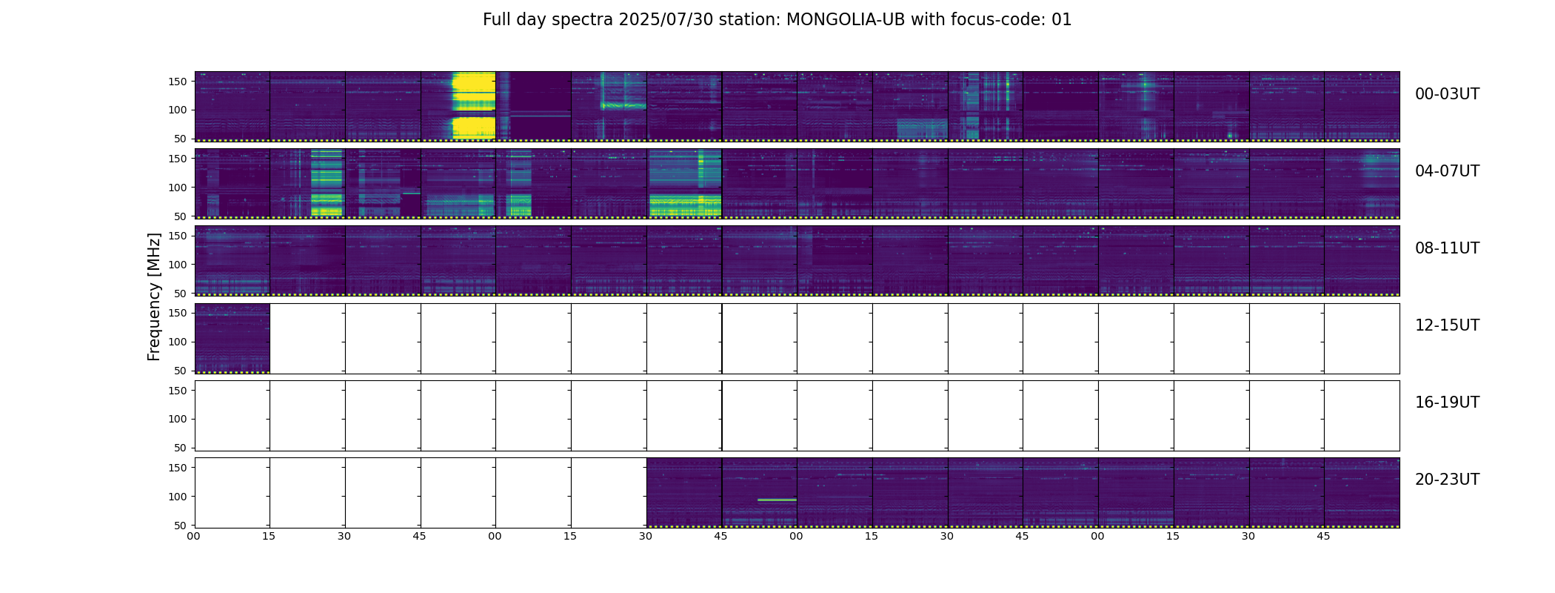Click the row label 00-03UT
click(1447, 94)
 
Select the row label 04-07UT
click(1447, 171)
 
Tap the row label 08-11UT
click(1447, 248)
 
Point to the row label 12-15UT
click(1447, 325)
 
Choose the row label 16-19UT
click(1447, 402)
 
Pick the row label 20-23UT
click(1447, 480)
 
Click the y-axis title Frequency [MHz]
click(154, 296)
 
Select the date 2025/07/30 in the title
click(666, 20)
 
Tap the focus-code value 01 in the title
click(1061, 20)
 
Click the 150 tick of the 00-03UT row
click(178, 82)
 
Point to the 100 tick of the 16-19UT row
click(178, 419)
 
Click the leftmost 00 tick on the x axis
click(194, 537)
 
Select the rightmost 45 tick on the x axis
click(1323, 537)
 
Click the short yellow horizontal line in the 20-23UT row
click(777, 500)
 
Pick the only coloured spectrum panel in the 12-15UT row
click(232, 338)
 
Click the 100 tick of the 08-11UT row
click(178, 265)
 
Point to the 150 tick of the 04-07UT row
click(178, 159)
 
